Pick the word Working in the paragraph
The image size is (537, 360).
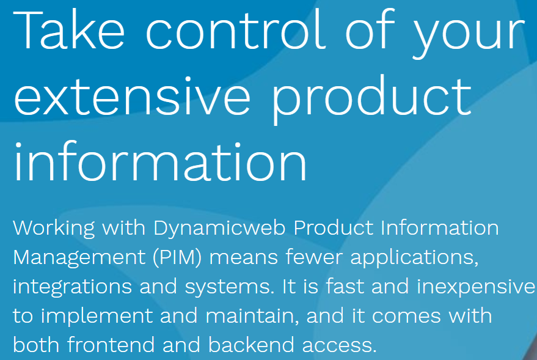click(x=54, y=229)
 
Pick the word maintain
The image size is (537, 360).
click(x=254, y=316)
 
